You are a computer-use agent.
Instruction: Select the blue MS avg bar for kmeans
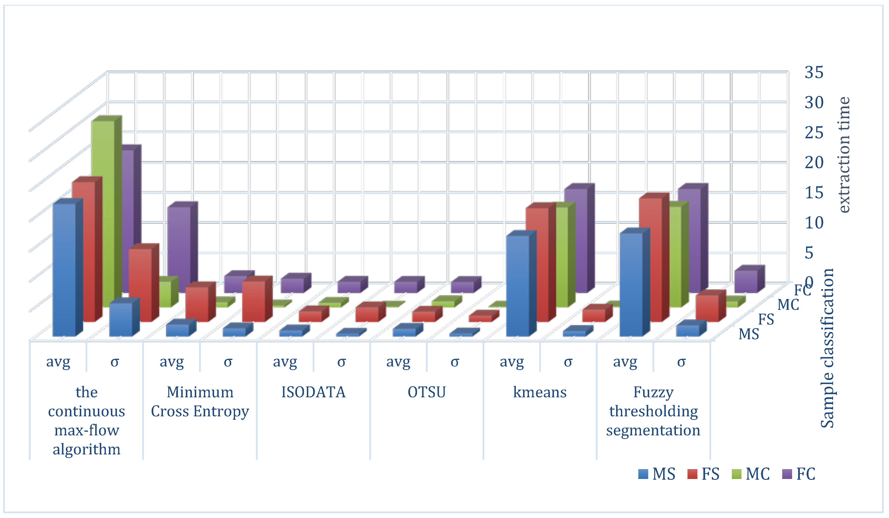pos(518,286)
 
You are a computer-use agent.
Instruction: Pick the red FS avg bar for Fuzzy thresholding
pos(650,259)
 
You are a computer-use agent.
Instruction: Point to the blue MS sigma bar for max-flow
pos(121,319)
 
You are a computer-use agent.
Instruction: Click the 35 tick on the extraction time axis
pos(814,72)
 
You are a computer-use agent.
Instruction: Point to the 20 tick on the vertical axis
pos(814,163)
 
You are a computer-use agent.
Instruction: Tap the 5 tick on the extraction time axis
pos(814,253)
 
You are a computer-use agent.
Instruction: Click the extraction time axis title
pos(844,155)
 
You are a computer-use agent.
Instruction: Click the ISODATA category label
pos(313,392)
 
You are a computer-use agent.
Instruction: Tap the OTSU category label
pos(426,392)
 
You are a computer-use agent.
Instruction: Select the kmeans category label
pos(540,392)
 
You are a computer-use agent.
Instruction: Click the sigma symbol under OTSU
pos(455,362)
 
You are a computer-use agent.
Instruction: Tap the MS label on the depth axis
pos(749,334)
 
